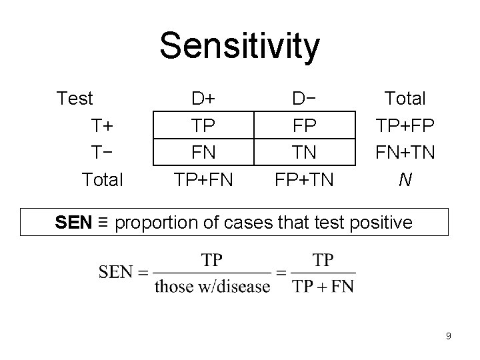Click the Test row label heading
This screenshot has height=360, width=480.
tap(75, 99)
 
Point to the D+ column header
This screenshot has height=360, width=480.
tap(203, 99)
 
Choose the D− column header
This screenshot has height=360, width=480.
tap(304, 99)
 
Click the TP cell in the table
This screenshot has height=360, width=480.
tap(203, 125)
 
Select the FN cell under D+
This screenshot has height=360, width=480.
tap(203, 152)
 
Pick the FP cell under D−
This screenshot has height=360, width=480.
tap(304, 125)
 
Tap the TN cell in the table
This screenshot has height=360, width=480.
tap(304, 152)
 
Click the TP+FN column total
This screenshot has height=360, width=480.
tap(203, 179)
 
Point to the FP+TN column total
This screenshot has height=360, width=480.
tap(304, 179)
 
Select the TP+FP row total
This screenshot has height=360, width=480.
tap(405, 125)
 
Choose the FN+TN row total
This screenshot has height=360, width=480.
tap(405, 152)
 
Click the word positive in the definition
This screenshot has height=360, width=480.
tap(381, 223)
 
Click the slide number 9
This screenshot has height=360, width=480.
tap(449, 336)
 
